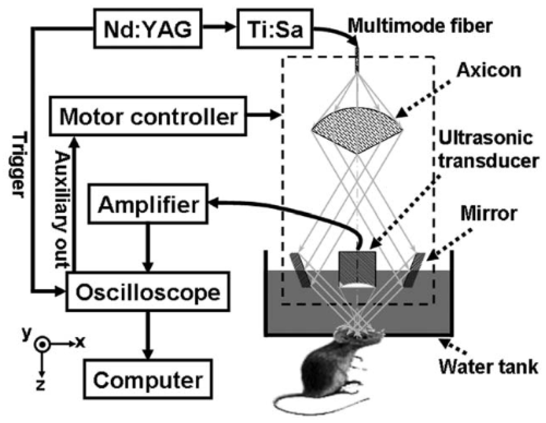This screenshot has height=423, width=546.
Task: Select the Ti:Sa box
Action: point(275,28)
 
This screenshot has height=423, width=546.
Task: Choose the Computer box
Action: point(148,379)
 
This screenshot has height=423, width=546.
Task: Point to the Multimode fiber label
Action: point(420,26)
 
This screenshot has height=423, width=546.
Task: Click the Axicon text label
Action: point(489,70)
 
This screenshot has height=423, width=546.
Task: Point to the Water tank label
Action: point(489,367)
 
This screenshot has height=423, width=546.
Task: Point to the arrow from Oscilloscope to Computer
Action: point(148,335)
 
